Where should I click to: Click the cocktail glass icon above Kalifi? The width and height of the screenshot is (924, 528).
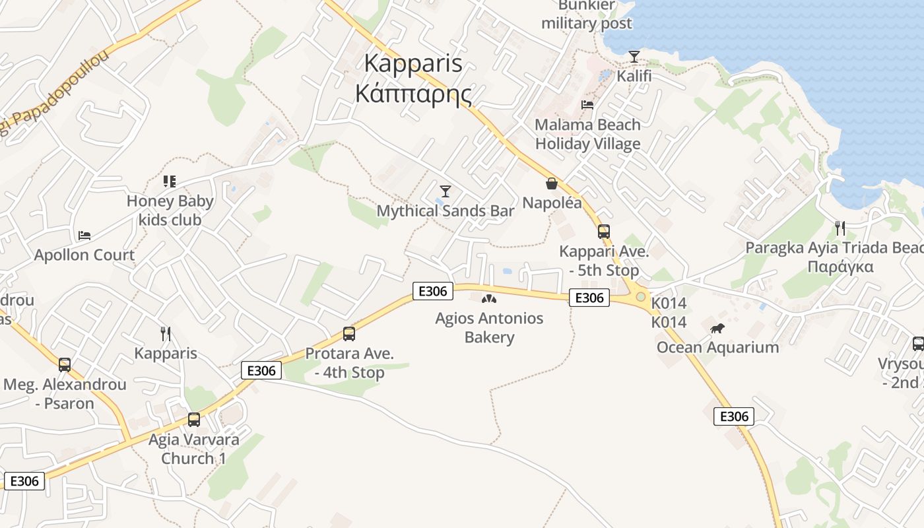pyautogui.click(x=634, y=57)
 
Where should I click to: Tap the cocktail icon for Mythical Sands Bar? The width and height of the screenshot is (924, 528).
pyautogui.click(x=445, y=191)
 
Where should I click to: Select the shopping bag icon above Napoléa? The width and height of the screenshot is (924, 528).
pyautogui.click(x=552, y=183)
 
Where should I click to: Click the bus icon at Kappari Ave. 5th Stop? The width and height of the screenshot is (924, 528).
pyautogui.click(x=604, y=232)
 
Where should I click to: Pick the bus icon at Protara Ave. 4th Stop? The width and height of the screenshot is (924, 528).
pyautogui.click(x=349, y=334)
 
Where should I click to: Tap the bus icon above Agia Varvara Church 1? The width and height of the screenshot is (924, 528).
pyautogui.click(x=194, y=420)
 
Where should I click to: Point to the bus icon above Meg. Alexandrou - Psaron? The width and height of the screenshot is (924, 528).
pyautogui.click(x=65, y=365)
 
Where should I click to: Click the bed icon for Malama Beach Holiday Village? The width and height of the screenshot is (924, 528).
pyautogui.click(x=587, y=105)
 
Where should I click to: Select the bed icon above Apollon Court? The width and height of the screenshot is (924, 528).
pyautogui.click(x=84, y=235)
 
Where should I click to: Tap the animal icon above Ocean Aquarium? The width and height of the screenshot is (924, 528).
pyautogui.click(x=717, y=328)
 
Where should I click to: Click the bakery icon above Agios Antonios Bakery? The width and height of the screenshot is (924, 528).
pyautogui.click(x=489, y=299)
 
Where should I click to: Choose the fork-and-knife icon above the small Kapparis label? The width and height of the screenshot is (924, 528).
pyautogui.click(x=166, y=334)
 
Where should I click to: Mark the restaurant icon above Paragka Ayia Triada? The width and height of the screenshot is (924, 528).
pyautogui.click(x=840, y=228)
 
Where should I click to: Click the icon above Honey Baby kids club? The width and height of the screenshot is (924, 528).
pyautogui.click(x=170, y=181)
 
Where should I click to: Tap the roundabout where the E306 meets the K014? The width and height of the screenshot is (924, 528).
pyautogui.click(x=640, y=297)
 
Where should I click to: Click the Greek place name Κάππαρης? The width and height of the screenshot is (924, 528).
pyautogui.click(x=413, y=94)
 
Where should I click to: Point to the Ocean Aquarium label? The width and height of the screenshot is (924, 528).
pyautogui.click(x=717, y=347)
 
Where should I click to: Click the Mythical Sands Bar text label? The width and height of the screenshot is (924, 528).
pyautogui.click(x=445, y=211)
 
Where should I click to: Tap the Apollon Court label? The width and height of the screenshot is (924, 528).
pyautogui.click(x=84, y=255)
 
